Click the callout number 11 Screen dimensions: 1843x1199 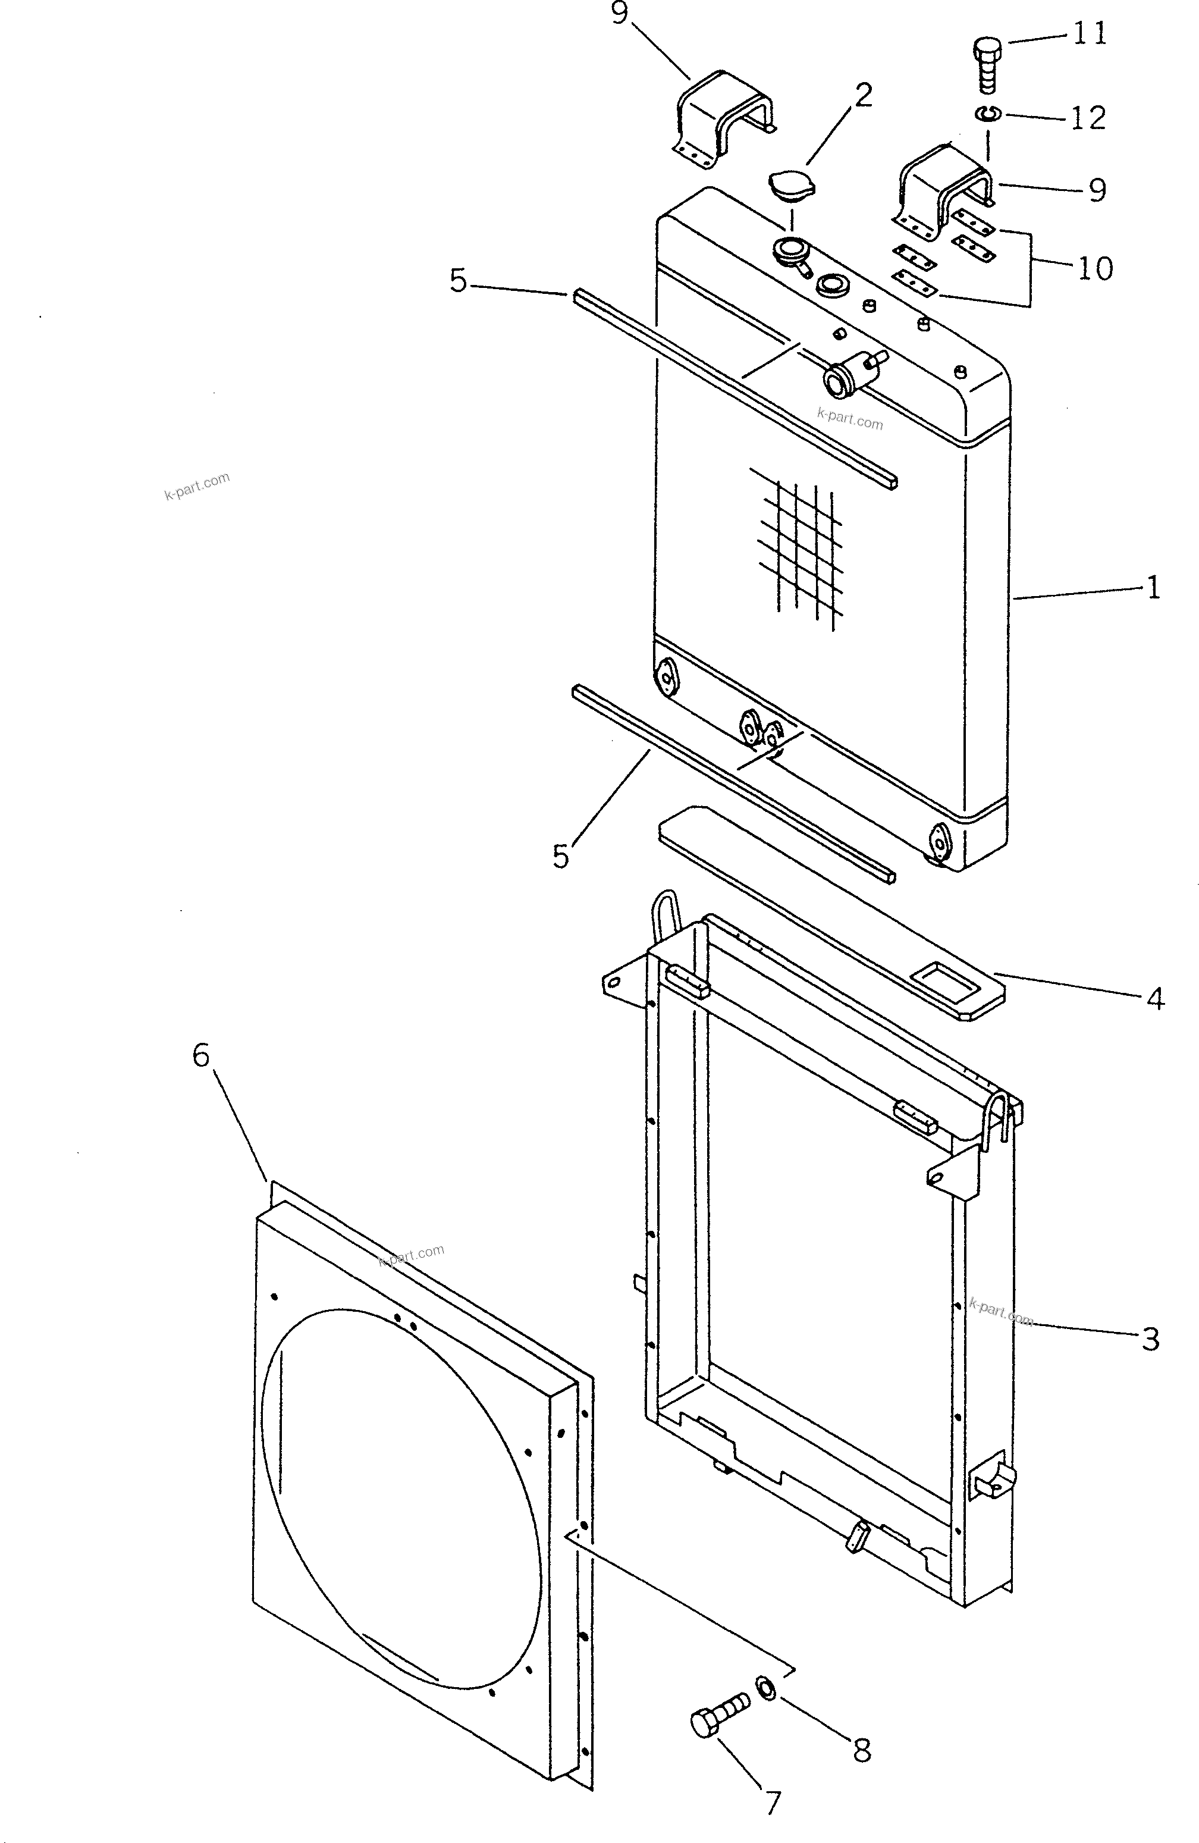tap(1090, 34)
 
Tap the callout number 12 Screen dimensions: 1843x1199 tap(1088, 118)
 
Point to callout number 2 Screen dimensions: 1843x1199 tap(863, 95)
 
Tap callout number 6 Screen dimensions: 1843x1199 tap(201, 1055)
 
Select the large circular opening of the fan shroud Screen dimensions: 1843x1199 tap(403, 1494)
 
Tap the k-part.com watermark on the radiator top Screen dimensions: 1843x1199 tap(850, 419)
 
